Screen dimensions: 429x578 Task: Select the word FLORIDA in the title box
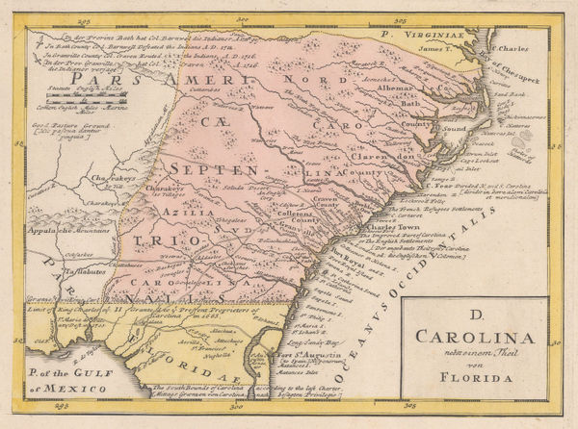pyautogui.click(x=474, y=377)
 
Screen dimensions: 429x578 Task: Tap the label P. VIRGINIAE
pyautogui.click(x=419, y=33)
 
